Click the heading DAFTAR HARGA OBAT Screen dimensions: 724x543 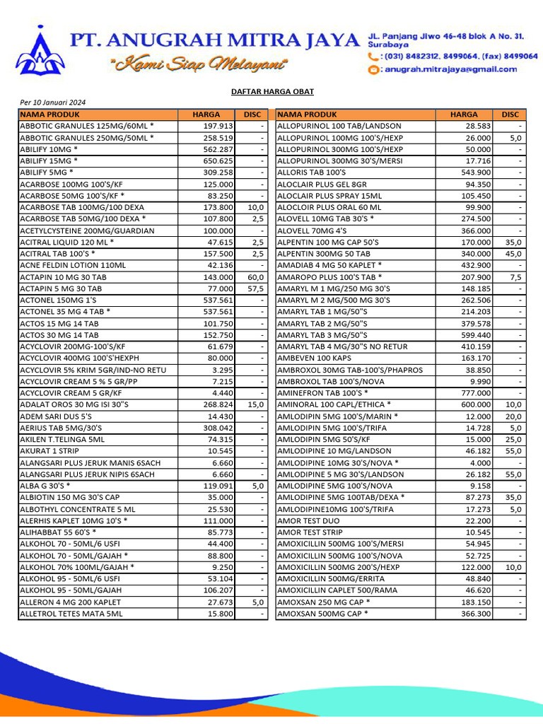[273, 92]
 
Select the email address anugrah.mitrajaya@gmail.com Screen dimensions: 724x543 [449, 69]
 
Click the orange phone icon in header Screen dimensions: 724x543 [373, 56]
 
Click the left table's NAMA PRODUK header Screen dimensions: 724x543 [51, 115]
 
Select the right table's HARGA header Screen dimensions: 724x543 [464, 115]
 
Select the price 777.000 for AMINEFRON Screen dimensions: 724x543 [475, 392]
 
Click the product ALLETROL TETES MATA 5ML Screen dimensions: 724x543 [71, 614]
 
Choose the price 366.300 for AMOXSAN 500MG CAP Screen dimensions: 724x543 [475, 614]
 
